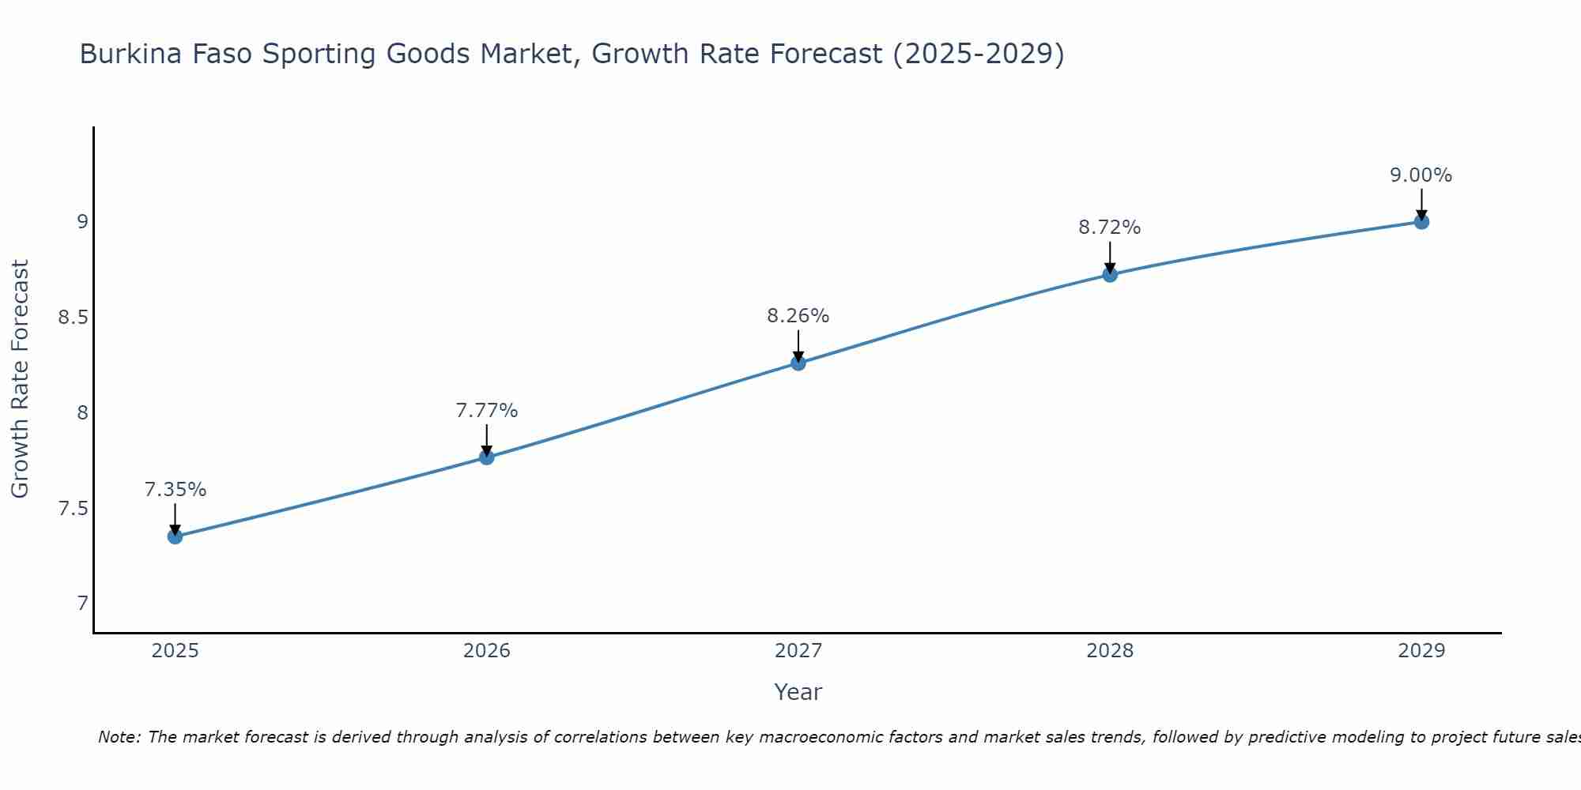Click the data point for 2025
coord(175,536)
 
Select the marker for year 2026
coord(486,457)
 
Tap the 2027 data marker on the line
coord(798,363)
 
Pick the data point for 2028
coord(1110,274)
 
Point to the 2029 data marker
coord(1421,221)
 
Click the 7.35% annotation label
coord(175,490)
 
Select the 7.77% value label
coord(486,411)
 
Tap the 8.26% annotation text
coord(798,316)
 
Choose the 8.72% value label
coord(1110,228)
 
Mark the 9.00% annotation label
coord(1421,175)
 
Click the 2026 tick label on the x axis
coord(486,651)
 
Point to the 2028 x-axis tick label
coord(1110,651)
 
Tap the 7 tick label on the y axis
coord(82,604)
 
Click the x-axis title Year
coord(798,692)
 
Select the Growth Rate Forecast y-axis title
coord(20,379)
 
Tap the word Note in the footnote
coord(119,737)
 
